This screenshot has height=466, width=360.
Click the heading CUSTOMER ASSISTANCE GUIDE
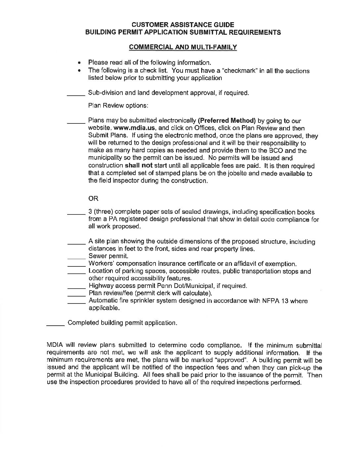tap(183, 25)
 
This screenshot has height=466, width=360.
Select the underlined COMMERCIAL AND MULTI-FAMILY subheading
tap(183, 47)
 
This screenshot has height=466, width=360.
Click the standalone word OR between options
tap(93, 199)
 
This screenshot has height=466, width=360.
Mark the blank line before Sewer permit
tap(76, 257)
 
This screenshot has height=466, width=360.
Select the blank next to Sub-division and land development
tap(76, 95)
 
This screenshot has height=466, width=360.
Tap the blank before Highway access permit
tap(76, 287)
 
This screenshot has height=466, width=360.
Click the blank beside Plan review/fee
tap(76, 295)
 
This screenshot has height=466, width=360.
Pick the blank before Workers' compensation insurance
tap(76, 265)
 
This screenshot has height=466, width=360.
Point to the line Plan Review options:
tap(118, 106)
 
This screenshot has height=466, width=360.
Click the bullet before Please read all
tap(79, 63)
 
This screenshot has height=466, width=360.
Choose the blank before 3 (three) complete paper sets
tap(76, 214)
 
